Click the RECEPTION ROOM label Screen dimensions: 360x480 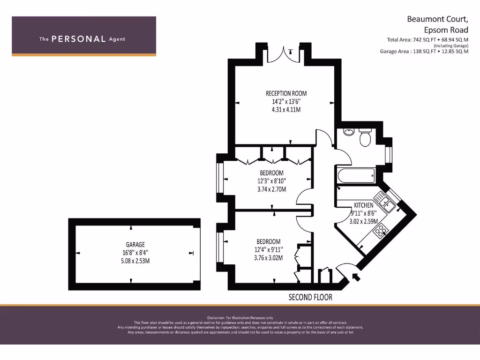click(x=286, y=93)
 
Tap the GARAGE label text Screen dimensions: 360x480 click(x=135, y=245)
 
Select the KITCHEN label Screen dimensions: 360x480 click(x=364, y=205)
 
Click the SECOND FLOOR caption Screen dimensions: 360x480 click(x=310, y=297)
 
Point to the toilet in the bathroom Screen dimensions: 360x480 click(x=365, y=137)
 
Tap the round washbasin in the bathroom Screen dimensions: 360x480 click(x=348, y=132)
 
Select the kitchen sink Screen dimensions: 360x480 click(x=387, y=203)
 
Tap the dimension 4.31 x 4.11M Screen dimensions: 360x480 click(x=286, y=110)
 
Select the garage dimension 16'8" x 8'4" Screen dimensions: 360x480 click(x=135, y=253)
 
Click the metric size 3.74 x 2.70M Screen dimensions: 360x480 click(x=272, y=189)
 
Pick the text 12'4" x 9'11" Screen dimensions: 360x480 click(x=268, y=249)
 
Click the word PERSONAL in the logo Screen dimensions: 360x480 click(x=78, y=39)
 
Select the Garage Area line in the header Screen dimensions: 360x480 click(x=424, y=52)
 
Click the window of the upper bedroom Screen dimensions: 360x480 click(x=219, y=178)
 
